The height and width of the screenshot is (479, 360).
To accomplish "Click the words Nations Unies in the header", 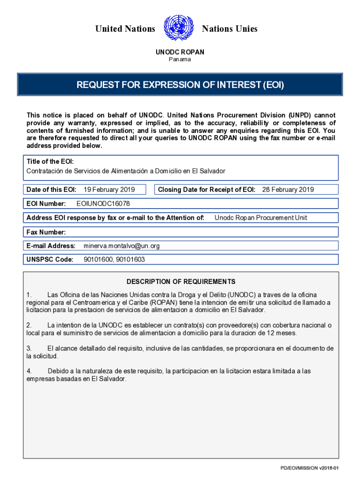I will (x=229, y=29).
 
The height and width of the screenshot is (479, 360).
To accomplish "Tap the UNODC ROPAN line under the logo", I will (x=180, y=52).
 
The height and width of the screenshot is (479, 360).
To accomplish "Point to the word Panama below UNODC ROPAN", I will (x=180, y=59).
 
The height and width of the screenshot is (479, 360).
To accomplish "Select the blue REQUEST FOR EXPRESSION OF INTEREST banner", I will (x=180, y=85).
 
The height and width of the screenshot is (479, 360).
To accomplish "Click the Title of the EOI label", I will (x=50, y=161).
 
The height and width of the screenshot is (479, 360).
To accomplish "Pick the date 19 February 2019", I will (x=109, y=189).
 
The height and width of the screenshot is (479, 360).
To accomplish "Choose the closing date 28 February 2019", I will (x=288, y=189).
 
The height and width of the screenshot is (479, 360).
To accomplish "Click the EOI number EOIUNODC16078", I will (x=103, y=204).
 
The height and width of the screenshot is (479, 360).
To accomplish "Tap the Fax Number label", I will (x=46, y=232).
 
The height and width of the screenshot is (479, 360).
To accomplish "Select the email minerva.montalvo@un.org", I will (x=122, y=246).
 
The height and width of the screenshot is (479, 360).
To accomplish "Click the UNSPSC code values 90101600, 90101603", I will (x=114, y=260).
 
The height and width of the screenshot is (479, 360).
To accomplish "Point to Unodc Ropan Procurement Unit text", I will (x=261, y=218).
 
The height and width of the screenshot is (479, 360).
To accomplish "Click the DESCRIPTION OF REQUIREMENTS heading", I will (x=181, y=282).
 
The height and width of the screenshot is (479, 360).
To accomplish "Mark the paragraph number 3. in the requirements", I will (x=29, y=348).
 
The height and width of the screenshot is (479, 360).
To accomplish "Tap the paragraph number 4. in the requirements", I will (x=29, y=371).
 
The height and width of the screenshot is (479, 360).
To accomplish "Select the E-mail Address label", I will (x=51, y=246).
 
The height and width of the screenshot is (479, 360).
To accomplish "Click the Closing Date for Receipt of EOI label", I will (x=207, y=189).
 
